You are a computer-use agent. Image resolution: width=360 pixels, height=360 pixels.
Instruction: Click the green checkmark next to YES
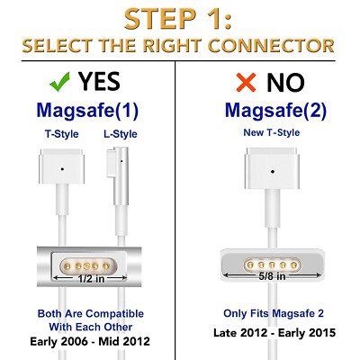(x=59, y=82)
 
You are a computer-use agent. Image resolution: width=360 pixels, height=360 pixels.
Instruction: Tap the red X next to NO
(x=246, y=82)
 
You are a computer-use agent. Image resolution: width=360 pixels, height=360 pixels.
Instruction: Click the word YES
(x=99, y=81)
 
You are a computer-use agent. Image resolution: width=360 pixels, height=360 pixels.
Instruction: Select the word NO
(x=285, y=83)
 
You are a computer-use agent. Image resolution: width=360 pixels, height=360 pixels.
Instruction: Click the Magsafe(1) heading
(x=87, y=111)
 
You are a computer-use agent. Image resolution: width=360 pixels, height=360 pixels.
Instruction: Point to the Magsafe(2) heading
(x=275, y=111)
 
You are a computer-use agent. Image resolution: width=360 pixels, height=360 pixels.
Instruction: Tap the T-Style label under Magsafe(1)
(x=62, y=134)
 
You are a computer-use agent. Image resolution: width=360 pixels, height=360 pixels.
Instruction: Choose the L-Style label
(x=121, y=134)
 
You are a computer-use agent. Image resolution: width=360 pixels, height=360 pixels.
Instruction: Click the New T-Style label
(x=272, y=132)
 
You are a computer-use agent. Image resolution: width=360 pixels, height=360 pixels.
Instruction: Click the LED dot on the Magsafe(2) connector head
(x=273, y=172)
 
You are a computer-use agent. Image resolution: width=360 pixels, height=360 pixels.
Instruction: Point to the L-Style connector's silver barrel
(x=121, y=177)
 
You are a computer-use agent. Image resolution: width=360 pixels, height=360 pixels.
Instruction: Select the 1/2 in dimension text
(x=91, y=279)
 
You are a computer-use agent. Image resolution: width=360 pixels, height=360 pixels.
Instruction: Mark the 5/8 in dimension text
(x=272, y=276)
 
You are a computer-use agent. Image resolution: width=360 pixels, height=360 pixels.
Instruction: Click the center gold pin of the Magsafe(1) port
(x=87, y=265)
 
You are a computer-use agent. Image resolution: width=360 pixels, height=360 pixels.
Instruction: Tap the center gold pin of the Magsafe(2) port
(x=272, y=265)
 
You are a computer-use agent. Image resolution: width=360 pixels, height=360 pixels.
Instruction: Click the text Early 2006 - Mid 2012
(x=90, y=341)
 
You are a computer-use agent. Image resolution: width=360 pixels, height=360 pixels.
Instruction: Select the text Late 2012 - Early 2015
(x=274, y=333)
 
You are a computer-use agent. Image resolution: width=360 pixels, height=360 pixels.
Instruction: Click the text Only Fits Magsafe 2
(x=274, y=313)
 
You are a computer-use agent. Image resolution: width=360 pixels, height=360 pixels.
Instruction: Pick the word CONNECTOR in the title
(x=271, y=46)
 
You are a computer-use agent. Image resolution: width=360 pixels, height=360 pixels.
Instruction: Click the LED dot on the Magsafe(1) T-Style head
(x=62, y=169)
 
